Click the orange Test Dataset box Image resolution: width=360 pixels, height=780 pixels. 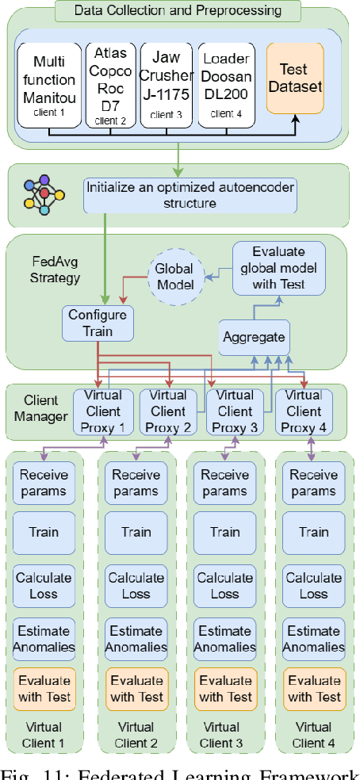click(296, 75)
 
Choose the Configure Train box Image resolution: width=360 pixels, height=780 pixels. click(97, 323)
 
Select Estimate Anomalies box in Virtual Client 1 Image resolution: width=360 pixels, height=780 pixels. click(45, 639)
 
